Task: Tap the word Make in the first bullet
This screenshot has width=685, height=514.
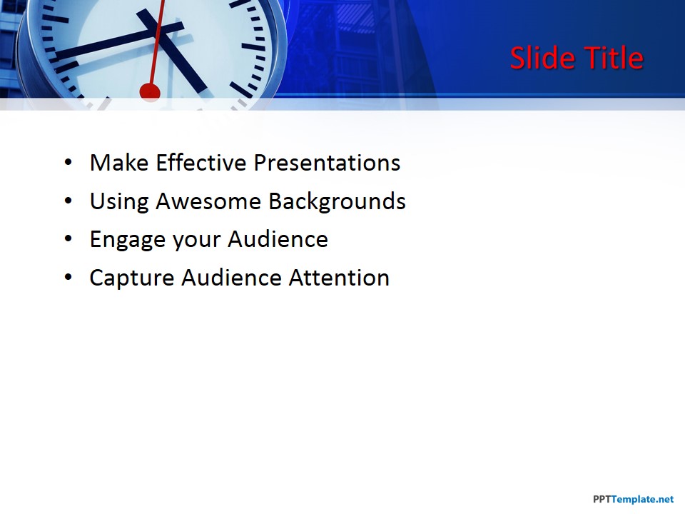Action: pos(119,163)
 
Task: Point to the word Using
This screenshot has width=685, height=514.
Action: pos(119,201)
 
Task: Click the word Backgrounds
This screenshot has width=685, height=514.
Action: pos(337,201)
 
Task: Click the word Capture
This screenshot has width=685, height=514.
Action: pos(132,278)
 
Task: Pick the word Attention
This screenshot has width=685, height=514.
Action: pos(339,278)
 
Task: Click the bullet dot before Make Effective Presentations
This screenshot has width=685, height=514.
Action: pos(68,163)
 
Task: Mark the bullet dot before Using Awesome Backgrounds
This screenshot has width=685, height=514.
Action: pos(68,202)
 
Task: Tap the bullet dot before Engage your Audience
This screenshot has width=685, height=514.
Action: pos(68,240)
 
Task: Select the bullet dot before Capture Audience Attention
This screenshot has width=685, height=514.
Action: pos(68,278)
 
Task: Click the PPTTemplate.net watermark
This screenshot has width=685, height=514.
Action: pos(633,500)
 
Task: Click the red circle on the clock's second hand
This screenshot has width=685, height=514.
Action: pos(150,91)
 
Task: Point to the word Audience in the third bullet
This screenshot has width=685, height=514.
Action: pos(278,240)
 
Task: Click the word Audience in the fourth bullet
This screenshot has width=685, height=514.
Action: pos(231,278)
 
